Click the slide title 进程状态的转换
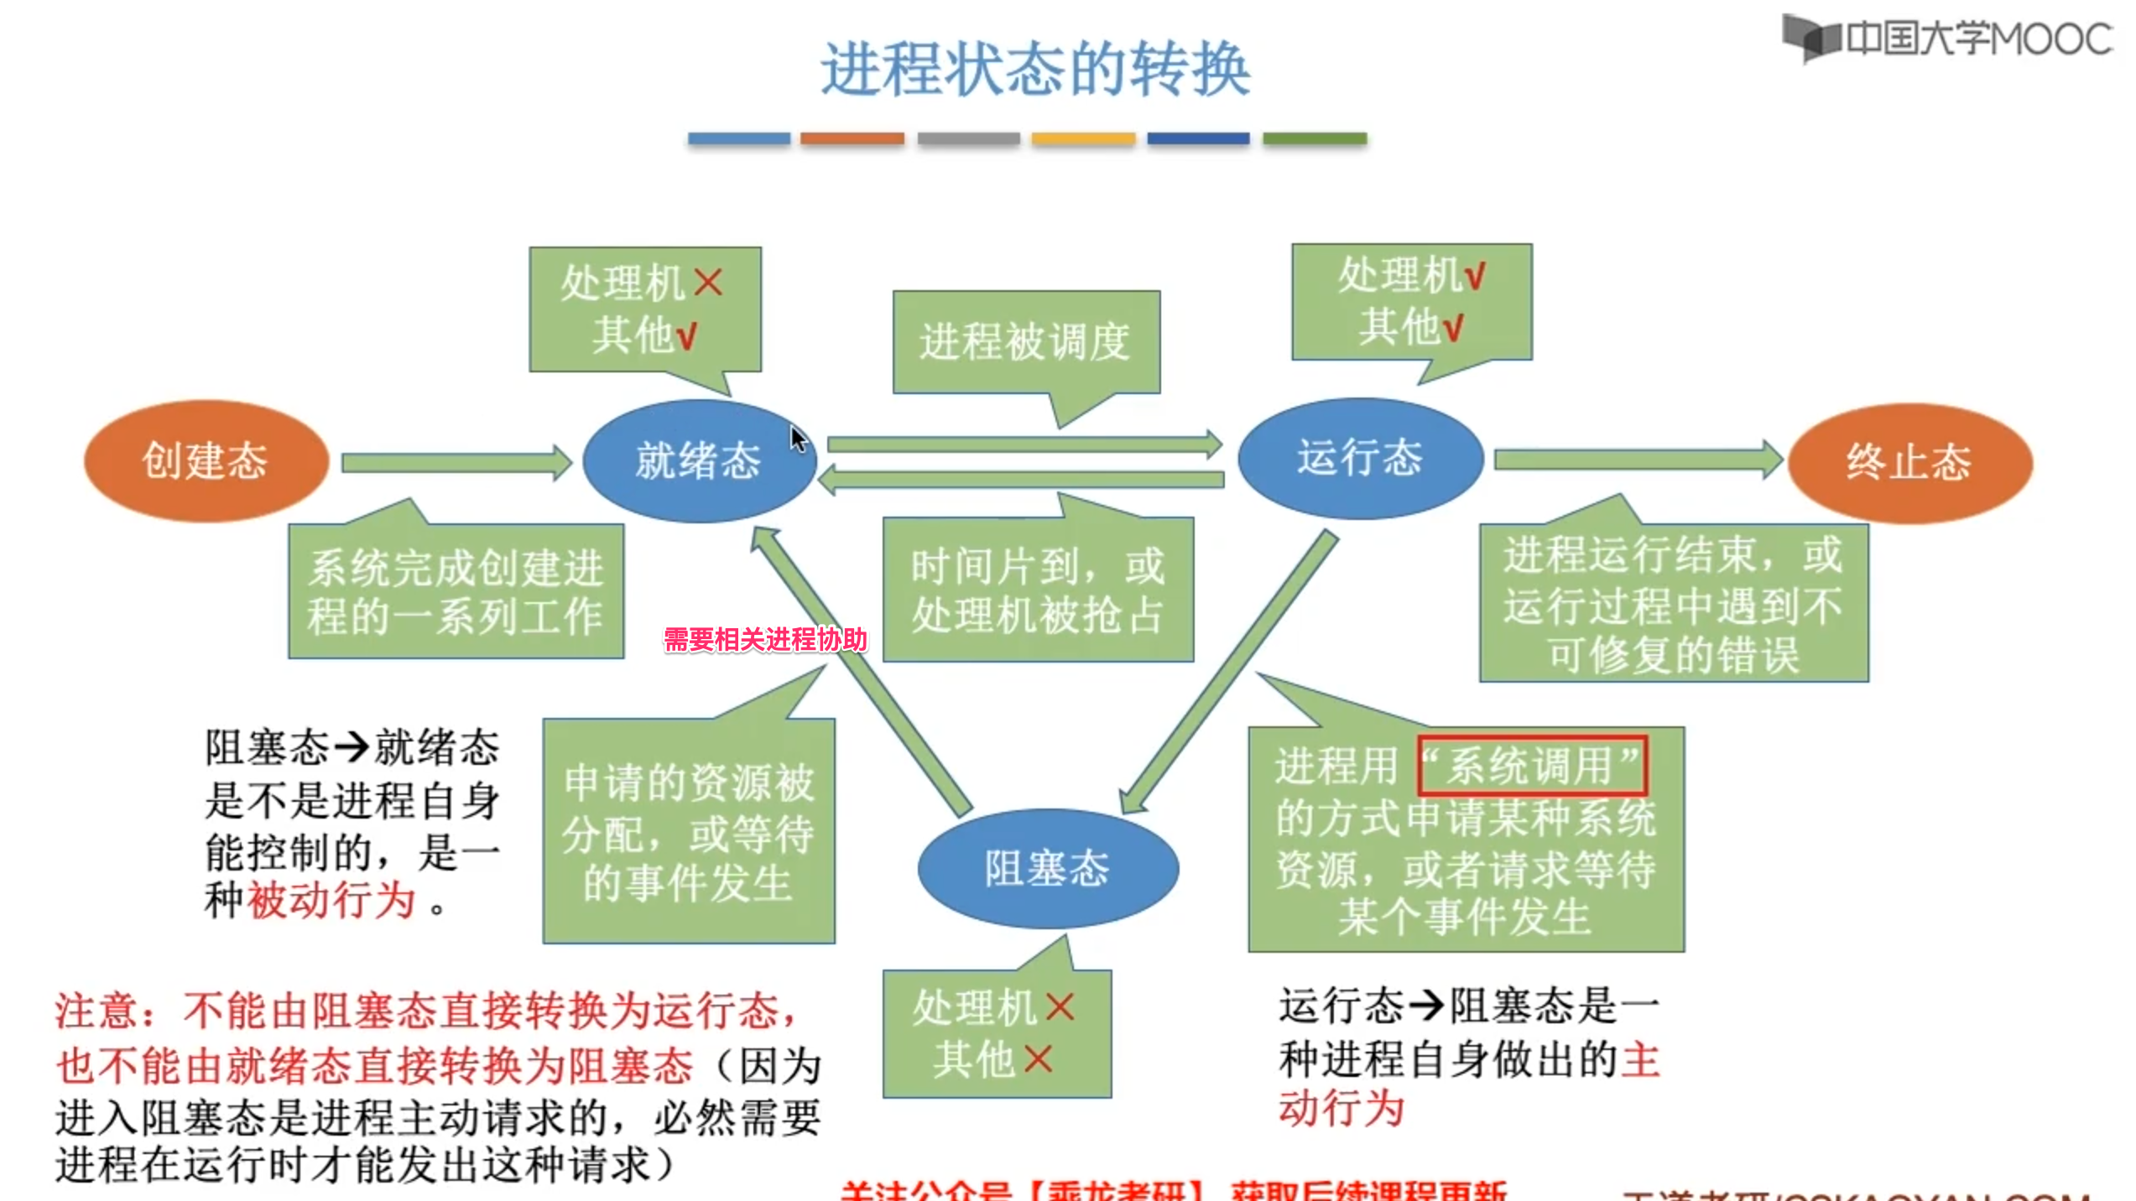click(x=1035, y=70)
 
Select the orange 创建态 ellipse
click(x=206, y=461)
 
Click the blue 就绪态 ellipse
click(x=698, y=461)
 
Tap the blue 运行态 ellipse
click(x=1360, y=459)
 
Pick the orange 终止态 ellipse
click(x=1909, y=463)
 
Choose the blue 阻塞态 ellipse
click(x=1047, y=869)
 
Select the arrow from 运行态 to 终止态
click(x=1637, y=460)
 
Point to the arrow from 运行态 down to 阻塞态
click(x=1230, y=671)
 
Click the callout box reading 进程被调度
click(x=1025, y=342)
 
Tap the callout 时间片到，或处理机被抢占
click(x=1038, y=590)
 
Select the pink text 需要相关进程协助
click(x=765, y=640)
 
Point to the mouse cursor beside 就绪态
click(x=798, y=438)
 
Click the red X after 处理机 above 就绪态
click(x=708, y=283)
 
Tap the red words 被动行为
click(x=332, y=901)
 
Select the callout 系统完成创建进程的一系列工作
click(x=456, y=592)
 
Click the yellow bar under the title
click(x=1083, y=138)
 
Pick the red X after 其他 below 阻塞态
click(x=1038, y=1059)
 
